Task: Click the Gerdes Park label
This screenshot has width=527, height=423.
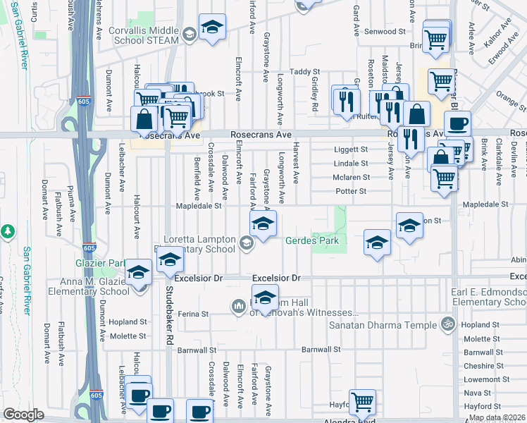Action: [x=312, y=241]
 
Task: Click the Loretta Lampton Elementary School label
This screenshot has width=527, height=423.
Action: [x=199, y=244]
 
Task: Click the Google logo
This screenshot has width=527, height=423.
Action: [x=23, y=415]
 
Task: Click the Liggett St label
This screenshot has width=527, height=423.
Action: [x=351, y=149]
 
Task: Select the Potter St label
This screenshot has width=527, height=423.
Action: [x=351, y=191]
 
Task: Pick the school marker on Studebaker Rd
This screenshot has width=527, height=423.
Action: [x=170, y=260]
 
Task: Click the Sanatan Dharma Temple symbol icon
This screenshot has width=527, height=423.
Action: [x=445, y=325]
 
